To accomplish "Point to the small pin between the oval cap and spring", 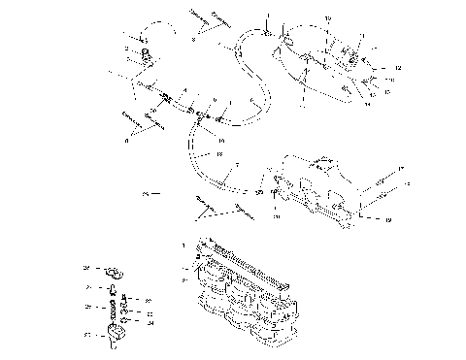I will pyautogui.click(x=114, y=289).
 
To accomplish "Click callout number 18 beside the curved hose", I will pyautogui.click(x=219, y=154).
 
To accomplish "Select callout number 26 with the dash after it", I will pyautogui.click(x=144, y=194).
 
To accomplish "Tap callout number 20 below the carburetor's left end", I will pyautogui.click(x=276, y=217).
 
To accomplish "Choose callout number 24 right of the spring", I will pyautogui.click(x=151, y=324).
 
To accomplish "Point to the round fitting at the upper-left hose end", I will pyautogui.click(x=147, y=53).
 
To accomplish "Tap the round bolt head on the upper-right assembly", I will pyautogui.click(x=348, y=94).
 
